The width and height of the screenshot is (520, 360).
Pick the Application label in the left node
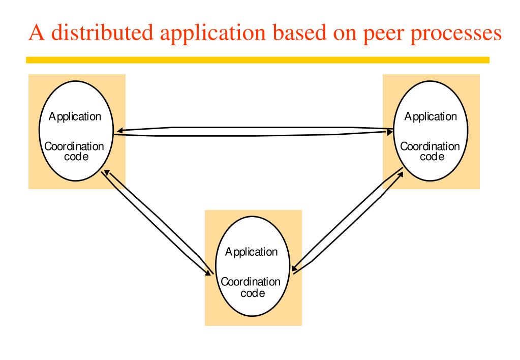click(x=75, y=116)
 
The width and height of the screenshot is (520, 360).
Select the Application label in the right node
click(x=431, y=116)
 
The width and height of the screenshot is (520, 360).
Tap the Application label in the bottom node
click(x=252, y=252)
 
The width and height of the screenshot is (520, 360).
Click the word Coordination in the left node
click(x=74, y=146)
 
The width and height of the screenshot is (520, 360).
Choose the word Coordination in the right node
click(x=430, y=146)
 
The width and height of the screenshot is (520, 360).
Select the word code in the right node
click(x=430, y=157)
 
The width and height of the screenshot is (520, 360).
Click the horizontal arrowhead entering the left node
click(x=119, y=131)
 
